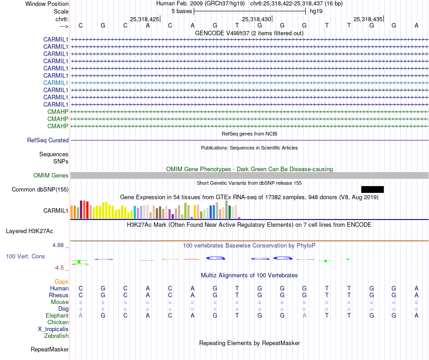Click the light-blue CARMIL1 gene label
coord(56,83)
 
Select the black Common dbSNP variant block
coord(372,189)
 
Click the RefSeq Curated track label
coord(48,140)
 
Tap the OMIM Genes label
coord(51,175)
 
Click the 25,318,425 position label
coord(145,19)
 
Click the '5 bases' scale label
coord(182,11)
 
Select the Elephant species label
coord(57,315)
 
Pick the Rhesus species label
coord(59,295)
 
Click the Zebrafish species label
coord(56,336)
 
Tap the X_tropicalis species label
coord(53,329)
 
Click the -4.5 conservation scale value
coord(60,267)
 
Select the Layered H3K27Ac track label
coord(29,231)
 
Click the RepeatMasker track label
coord(50,349)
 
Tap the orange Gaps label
coord(61,281)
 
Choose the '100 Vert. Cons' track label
coord(25,256)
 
